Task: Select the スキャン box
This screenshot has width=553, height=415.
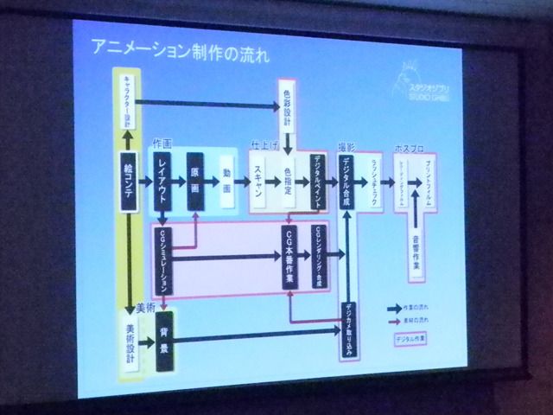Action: tap(258, 185)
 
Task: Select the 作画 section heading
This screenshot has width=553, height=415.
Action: tap(162, 142)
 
